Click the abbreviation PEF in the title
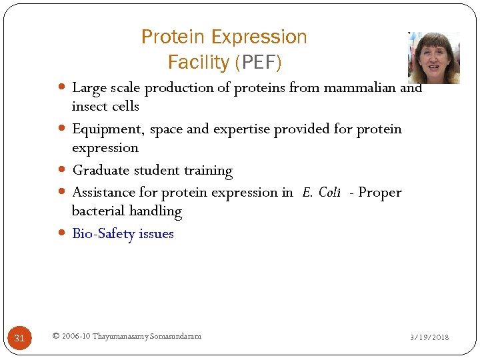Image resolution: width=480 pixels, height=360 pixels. coord(257,63)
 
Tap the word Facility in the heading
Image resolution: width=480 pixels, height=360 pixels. coord(198,63)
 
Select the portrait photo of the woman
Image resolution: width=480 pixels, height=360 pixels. coord(433,57)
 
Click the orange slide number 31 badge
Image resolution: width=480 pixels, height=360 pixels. coord(19,338)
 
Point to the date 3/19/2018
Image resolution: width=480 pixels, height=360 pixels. coord(429,337)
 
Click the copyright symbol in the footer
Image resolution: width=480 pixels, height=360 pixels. coord(55,336)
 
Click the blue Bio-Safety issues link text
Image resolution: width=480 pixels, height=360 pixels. coord(123,234)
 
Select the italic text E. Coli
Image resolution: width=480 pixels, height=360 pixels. coord(321,193)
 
